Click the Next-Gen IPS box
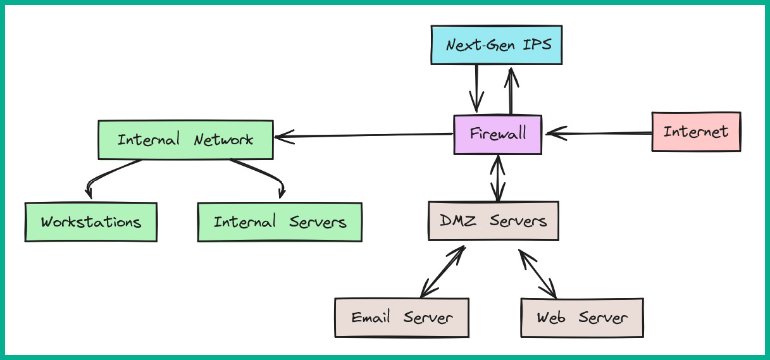pyautogui.click(x=496, y=45)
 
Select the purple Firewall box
pyautogui.click(x=497, y=134)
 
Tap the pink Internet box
pyautogui.click(x=695, y=132)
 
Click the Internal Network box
pyautogui.click(x=185, y=139)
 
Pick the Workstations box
pyautogui.click(x=90, y=222)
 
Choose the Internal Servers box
pyautogui.click(x=279, y=222)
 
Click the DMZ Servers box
pyautogui.click(x=493, y=221)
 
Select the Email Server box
pyautogui.click(x=401, y=317)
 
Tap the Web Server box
pyautogui.click(x=581, y=317)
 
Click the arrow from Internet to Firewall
pyautogui.click(x=598, y=133)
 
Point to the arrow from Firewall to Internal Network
pyautogui.click(x=364, y=135)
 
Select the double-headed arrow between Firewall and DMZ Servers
pyautogui.click(x=499, y=178)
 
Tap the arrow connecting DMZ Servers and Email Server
pyautogui.click(x=442, y=272)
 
